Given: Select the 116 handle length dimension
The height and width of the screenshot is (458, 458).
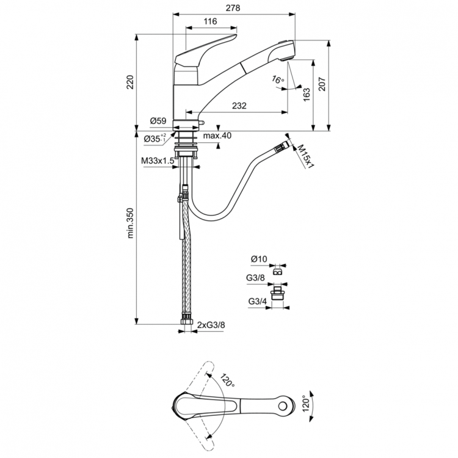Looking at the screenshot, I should click(210, 22).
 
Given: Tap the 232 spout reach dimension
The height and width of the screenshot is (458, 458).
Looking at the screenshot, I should click(239, 106).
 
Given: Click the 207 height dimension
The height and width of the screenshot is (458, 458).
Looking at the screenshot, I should click(322, 85).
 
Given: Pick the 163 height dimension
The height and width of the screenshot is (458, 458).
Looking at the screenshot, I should click(307, 93).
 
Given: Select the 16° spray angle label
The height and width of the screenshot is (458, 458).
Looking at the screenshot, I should click(278, 81).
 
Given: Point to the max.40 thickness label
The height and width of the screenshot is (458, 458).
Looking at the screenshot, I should click(217, 136).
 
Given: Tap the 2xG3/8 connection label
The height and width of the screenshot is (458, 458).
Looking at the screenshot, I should click(211, 326).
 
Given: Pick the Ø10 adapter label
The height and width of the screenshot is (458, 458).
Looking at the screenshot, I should click(259, 260).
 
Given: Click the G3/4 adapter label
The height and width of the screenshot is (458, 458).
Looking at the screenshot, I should click(257, 301).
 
